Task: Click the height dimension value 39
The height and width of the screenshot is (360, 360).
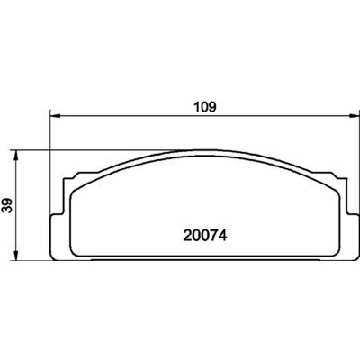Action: [8, 206]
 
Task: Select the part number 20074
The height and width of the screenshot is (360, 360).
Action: [204, 238]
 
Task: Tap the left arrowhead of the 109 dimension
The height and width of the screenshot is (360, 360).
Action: [53, 115]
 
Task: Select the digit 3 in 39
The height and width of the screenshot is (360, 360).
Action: [8, 211]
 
